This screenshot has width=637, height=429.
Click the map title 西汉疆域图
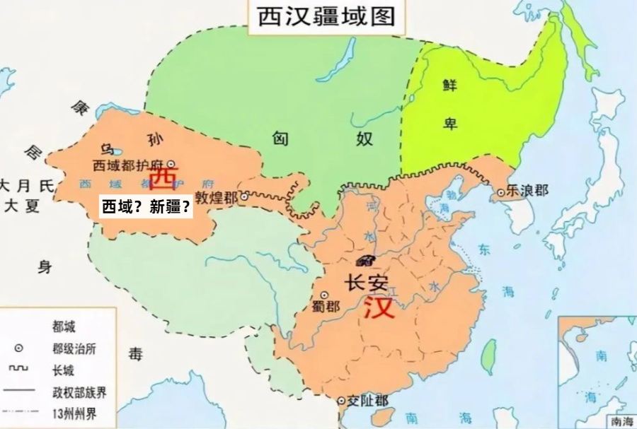point(326,16)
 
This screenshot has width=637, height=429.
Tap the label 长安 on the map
point(366,282)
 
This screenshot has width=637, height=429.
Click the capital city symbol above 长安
point(367,259)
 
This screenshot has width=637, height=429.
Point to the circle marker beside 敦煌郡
point(244,198)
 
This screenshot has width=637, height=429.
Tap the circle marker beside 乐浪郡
point(501,192)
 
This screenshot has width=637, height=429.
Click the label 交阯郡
point(367,401)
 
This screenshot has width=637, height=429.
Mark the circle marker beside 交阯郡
point(341,401)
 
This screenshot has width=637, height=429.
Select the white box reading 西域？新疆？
point(146,207)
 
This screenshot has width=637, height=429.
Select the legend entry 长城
point(63,370)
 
